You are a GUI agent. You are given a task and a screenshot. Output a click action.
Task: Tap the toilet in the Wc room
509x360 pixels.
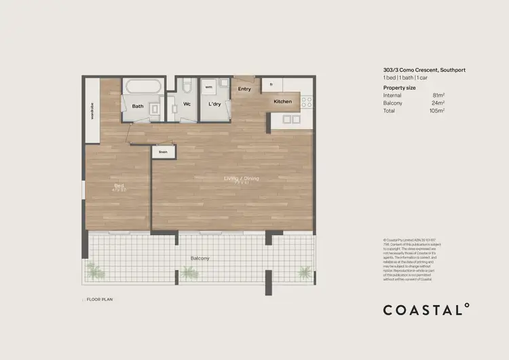pos(187,88)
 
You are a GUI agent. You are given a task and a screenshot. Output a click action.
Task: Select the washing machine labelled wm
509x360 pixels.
pos(208,88)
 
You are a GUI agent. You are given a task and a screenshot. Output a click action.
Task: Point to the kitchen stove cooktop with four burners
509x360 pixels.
pos(306,102)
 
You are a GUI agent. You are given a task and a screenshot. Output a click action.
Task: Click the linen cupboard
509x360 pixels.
pos(163,152)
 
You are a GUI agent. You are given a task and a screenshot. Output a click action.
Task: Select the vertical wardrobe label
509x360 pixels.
pos(91,110)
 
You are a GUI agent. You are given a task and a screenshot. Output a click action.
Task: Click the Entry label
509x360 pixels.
pos(244,89)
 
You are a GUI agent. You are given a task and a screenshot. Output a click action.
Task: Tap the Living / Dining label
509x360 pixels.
pos(242,179)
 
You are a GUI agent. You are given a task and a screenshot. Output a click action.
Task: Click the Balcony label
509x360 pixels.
pos(200,258)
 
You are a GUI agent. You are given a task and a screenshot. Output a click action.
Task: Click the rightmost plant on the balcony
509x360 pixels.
pos(303,272)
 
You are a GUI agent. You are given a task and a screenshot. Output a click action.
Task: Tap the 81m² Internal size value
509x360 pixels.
pos(439,96)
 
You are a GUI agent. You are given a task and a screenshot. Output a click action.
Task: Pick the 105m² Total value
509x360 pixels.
pos(438,110)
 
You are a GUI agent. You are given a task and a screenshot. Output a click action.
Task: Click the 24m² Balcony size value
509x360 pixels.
pos(439,103)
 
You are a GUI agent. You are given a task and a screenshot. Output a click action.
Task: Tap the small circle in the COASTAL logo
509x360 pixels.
pos(466,306)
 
